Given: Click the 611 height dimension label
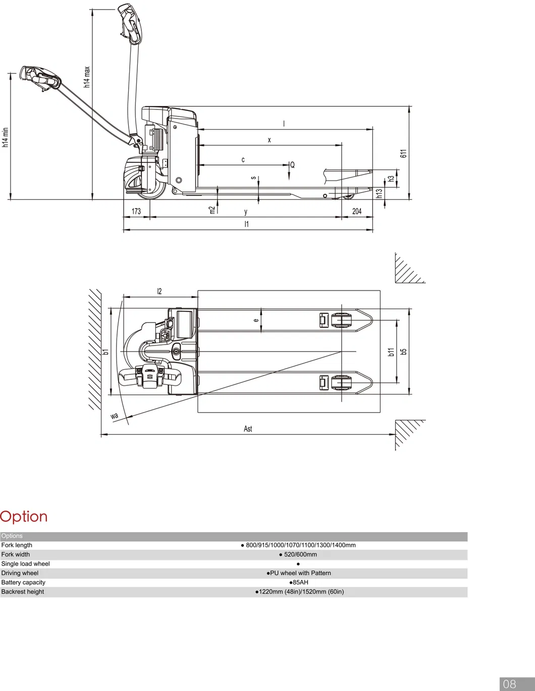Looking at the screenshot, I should point(403,153).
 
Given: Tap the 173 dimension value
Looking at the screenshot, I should point(136,211).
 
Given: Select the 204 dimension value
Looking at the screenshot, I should point(357,211).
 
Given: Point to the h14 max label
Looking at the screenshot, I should point(87,77).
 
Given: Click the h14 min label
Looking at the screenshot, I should point(6,137).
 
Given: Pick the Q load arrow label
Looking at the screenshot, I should point(292,165).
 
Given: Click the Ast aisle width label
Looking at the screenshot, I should point(248,429).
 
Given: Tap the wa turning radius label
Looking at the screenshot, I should point(115,416).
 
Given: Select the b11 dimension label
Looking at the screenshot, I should point(391,352).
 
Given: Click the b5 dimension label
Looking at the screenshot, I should point(403,352).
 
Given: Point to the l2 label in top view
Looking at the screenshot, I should point(159,292).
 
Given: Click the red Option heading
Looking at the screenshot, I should point(24,516).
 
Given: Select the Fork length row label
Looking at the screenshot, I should point(17,545).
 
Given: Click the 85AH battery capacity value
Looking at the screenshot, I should point(300,582).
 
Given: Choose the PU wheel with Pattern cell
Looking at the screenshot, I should point(300,573).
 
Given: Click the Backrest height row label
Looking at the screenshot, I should point(23,592).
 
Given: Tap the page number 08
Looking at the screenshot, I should point(509,684).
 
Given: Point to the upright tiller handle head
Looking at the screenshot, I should point(131,23).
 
